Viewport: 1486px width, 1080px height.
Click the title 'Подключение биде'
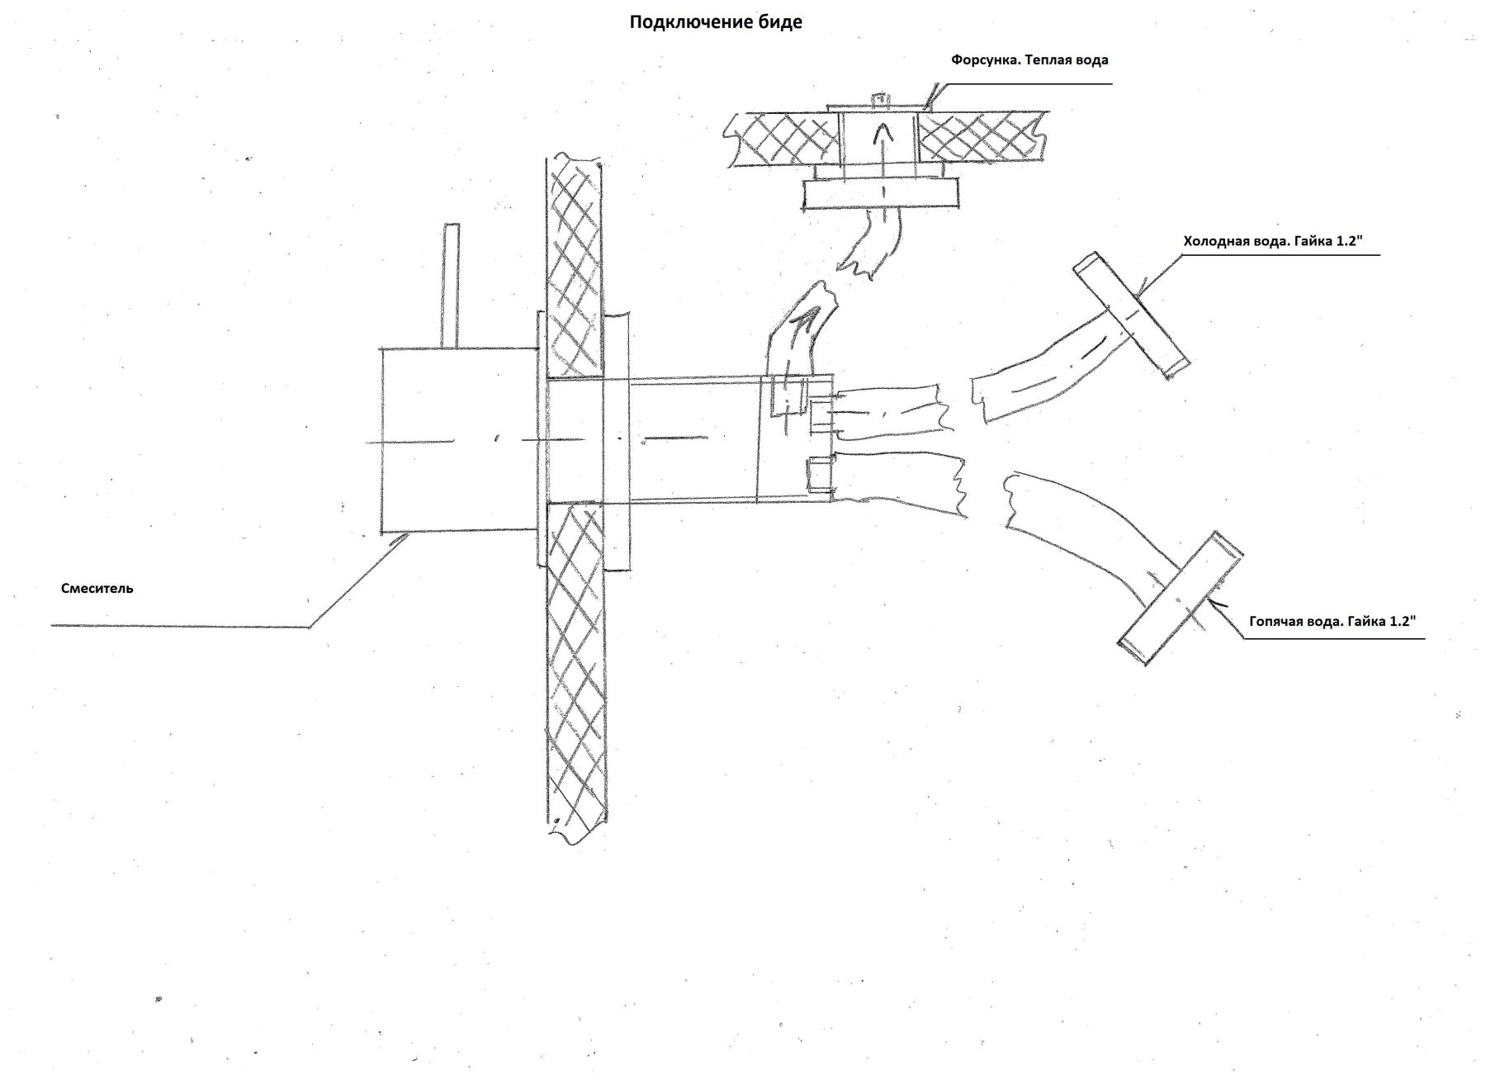click(715, 22)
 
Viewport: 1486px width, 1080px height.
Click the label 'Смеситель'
click(97, 589)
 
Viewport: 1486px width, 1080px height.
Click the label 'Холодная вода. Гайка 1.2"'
click(1271, 242)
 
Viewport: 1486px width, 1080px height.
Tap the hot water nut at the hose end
click(1181, 599)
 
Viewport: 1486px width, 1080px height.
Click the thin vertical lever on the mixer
click(450, 285)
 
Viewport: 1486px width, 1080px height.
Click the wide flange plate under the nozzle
click(881, 195)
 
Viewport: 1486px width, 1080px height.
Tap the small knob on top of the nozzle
click(880, 100)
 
